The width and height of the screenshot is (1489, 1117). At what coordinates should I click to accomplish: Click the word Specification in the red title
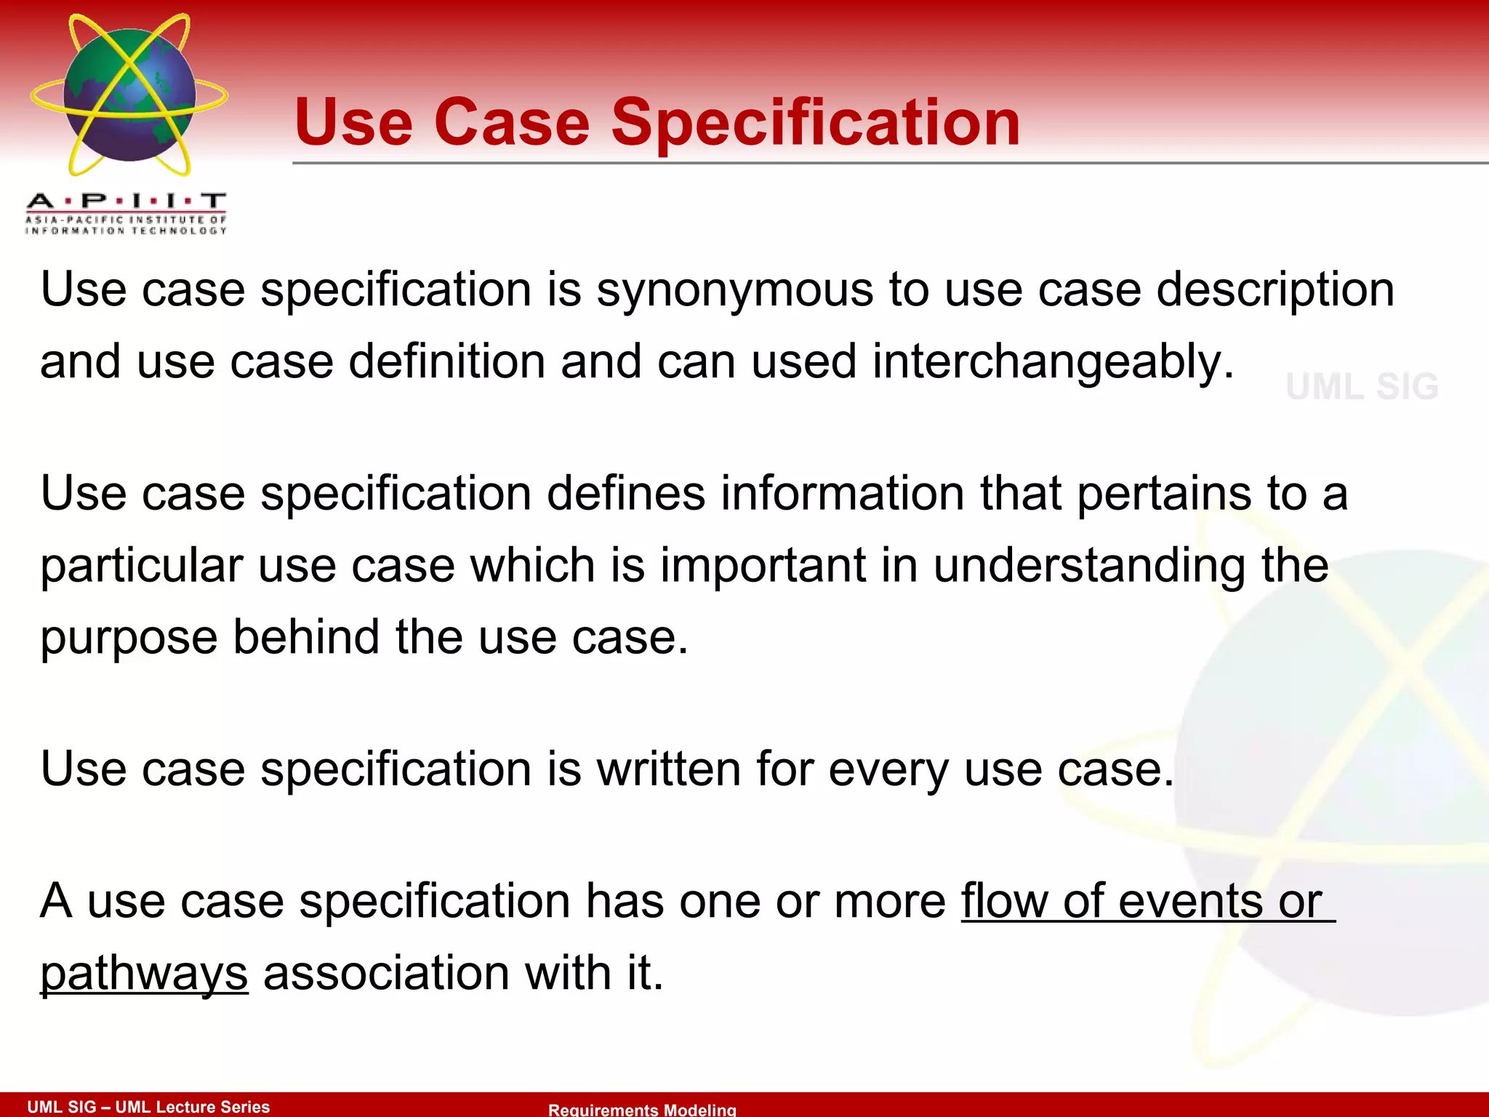coord(815,124)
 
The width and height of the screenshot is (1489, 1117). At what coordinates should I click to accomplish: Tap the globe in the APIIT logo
coord(129,95)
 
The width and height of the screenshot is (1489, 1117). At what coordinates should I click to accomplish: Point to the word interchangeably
coord(1053,362)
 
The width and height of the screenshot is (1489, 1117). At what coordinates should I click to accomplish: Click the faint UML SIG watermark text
coord(1362,386)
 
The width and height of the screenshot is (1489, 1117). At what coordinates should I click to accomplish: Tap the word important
coord(763,566)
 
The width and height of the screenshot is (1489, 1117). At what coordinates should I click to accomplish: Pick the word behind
coord(306,637)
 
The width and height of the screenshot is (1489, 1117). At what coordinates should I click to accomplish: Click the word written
coord(668,769)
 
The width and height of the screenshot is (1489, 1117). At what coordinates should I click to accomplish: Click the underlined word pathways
coord(144,974)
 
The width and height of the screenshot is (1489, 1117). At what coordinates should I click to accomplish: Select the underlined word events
coord(1190,902)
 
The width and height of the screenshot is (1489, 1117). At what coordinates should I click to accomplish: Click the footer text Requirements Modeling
coord(642,1110)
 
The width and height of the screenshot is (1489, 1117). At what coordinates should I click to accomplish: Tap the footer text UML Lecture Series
coord(193,1107)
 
